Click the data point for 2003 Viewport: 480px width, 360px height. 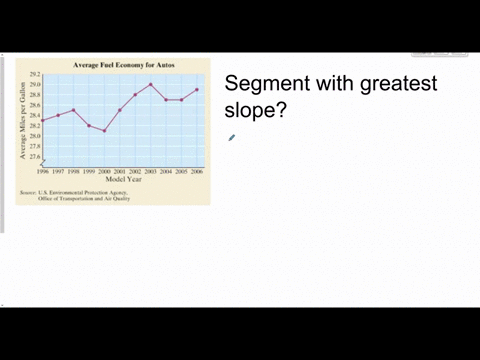151,84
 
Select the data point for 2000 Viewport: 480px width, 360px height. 104,130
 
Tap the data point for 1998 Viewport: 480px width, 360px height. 74,110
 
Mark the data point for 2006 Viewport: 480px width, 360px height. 197,89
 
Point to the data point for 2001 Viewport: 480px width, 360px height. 120,110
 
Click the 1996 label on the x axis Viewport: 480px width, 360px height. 43,171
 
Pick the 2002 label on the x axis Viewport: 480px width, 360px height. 135,171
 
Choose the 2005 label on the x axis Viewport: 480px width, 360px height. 182,171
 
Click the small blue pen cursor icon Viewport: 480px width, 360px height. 231,138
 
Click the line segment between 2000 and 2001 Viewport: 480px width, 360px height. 112,120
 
